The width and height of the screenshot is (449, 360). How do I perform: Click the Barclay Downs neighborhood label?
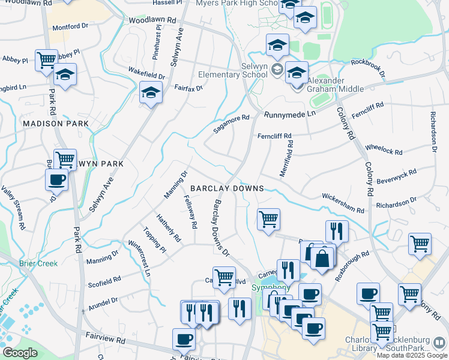click(227, 188)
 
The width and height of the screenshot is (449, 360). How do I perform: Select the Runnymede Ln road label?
click(289, 113)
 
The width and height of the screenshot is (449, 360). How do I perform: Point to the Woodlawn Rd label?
click(152, 20)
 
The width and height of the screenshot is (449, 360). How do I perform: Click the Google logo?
click(20, 353)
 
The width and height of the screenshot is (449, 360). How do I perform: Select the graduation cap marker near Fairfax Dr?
click(151, 93)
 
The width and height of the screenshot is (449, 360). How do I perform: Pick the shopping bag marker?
click(322, 259)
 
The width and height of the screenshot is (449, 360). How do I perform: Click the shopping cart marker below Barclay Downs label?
click(268, 218)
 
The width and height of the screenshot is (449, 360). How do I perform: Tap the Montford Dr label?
click(70, 26)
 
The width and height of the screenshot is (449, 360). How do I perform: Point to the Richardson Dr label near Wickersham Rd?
click(396, 205)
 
